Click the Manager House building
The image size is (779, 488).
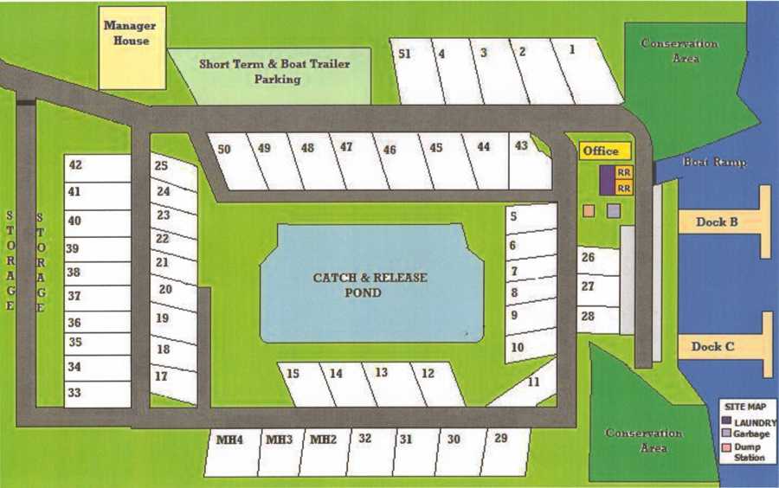132,48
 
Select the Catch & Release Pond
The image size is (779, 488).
370,284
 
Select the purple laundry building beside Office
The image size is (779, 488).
607,179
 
